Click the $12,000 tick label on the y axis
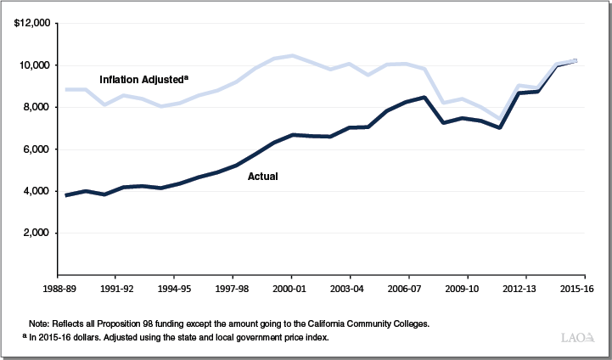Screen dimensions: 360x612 31,23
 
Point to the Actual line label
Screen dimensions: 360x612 263,177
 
